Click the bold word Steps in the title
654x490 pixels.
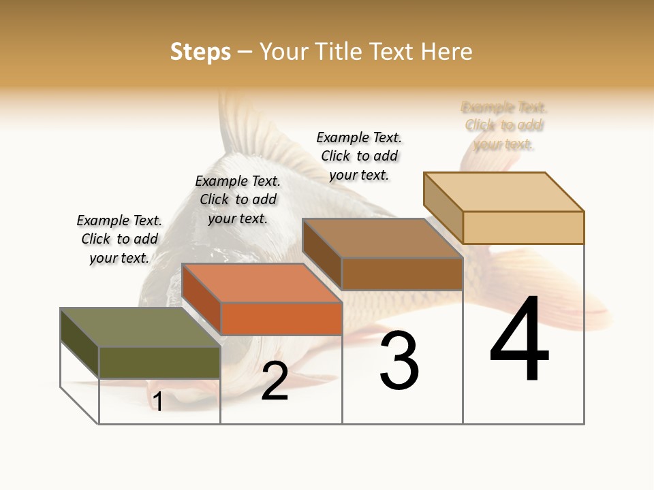click(x=200, y=52)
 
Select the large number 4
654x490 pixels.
click(x=520, y=340)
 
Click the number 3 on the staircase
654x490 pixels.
click(x=399, y=361)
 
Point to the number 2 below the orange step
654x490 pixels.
click(x=275, y=381)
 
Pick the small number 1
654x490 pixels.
click(x=158, y=402)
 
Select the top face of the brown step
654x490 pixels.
click(x=381, y=238)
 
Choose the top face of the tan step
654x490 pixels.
click(x=504, y=192)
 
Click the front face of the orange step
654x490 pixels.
click(x=281, y=318)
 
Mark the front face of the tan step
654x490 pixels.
click(x=523, y=227)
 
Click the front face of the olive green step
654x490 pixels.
click(x=159, y=362)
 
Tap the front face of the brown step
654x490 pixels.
click(x=402, y=274)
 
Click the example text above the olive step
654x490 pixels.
click(x=119, y=240)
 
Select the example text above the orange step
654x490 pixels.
click(x=238, y=200)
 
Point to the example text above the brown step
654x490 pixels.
click(x=359, y=156)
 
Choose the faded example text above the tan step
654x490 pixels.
click(x=504, y=125)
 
